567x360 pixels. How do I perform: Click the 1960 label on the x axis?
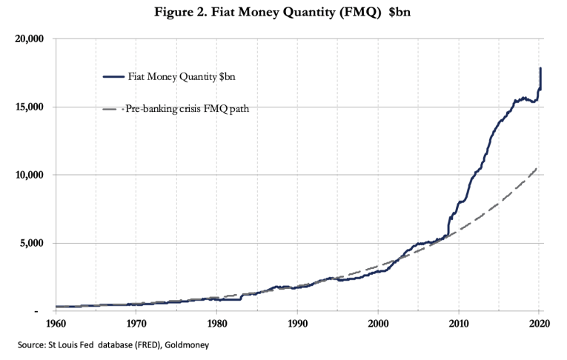click(56, 323)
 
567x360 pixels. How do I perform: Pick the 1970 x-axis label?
click(136, 323)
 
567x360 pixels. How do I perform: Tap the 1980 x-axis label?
click(216, 323)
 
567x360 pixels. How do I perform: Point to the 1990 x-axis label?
click(297, 323)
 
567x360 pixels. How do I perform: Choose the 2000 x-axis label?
click(378, 323)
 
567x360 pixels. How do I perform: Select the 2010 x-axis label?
click(459, 323)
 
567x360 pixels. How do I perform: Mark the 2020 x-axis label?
click(539, 323)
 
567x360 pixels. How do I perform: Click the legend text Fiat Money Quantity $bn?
click(179, 76)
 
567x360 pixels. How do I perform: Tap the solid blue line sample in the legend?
click(115, 76)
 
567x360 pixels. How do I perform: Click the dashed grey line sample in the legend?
click(115, 110)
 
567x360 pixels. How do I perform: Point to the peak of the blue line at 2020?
click(540, 68)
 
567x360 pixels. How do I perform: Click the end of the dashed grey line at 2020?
click(537, 168)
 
